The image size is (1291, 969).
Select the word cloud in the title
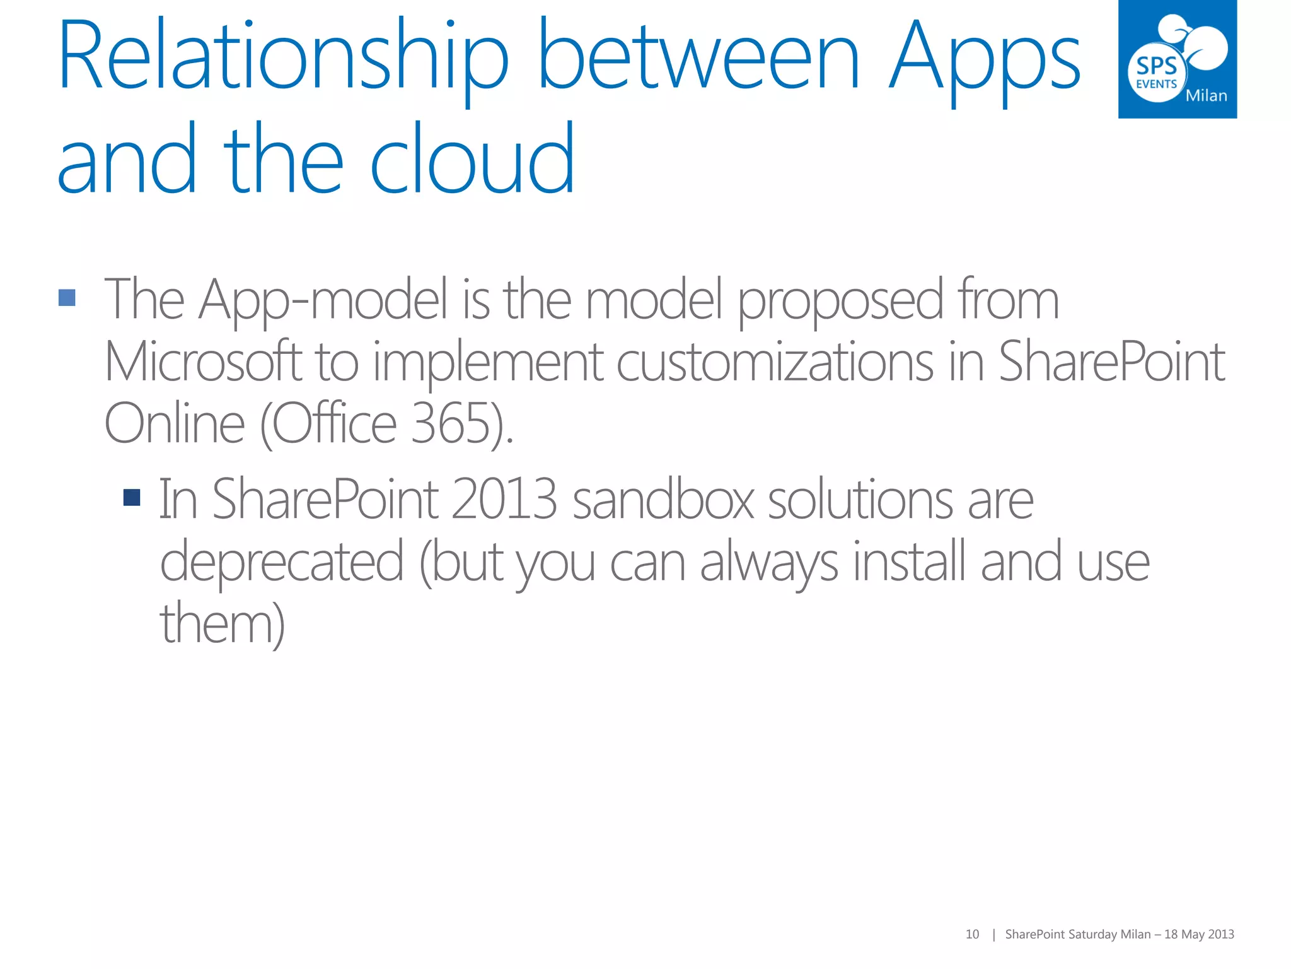(472, 160)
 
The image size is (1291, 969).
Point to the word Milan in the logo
(1206, 96)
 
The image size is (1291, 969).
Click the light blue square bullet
(67, 298)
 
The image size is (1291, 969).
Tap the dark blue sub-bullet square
(132, 498)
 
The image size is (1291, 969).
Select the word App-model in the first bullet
(323, 300)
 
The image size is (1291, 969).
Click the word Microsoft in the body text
(203, 362)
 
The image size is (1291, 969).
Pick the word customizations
(774, 362)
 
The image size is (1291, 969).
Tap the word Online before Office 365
(174, 424)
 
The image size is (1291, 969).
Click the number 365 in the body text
(450, 424)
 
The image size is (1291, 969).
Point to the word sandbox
(663, 500)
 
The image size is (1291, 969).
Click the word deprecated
(281, 561)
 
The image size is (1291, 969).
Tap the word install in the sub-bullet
(909, 561)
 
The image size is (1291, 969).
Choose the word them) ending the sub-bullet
(222, 623)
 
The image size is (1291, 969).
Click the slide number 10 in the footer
(972, 934)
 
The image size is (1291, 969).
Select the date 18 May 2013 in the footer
(1199, 934)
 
